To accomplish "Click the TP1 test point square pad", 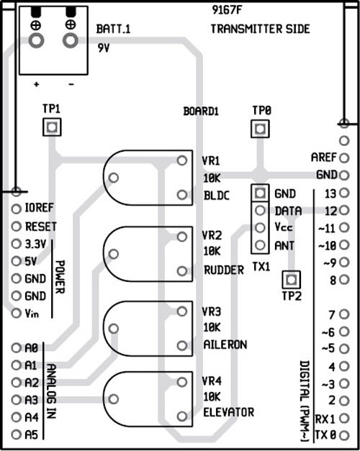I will pyautogui.click(x=51, y=127).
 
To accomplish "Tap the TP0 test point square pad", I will pyautogui.click(x=260, y=129).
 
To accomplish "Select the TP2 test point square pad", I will pyautogui.click(x=291, y=279).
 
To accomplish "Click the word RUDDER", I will pyautogui.click(x=224, y=270).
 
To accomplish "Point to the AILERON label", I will pyautogui.click(x=225, y=345).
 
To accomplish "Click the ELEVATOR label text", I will pyautogui.click(x=228, y=412).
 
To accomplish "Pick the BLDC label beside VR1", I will pyautogui.click(x=216, y=194).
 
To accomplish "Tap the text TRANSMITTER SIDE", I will pyautogui.click(x=261, y=29).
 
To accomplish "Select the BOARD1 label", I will pyautogui.click(x=202, y=112).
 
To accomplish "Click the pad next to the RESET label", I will pyautogui.click(x=16, y=226).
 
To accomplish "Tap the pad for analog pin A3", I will pyautogui.click(x=16, y=399).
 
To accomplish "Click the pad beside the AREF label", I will pyautogui.click(x=343, y=158).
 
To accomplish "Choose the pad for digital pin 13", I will pyautogui.click(x=343, y=193).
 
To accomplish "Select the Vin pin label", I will pyautogui.click(x=32, y=314).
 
